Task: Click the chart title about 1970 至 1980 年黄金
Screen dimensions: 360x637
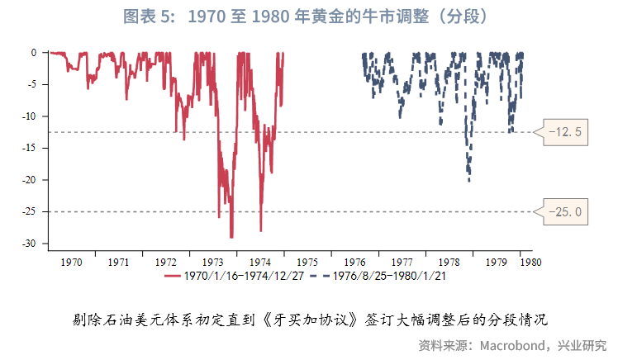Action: click(318, 16)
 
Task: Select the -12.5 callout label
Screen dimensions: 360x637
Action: click(566, 131)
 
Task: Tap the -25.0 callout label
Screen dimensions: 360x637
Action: click(566, 212)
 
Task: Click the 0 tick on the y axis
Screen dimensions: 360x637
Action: click(33, 52)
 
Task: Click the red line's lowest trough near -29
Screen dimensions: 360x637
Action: click(231, 237)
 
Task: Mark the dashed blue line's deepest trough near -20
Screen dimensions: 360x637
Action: click(468, 179)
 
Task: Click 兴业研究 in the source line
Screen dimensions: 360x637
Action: click(582, 344)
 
